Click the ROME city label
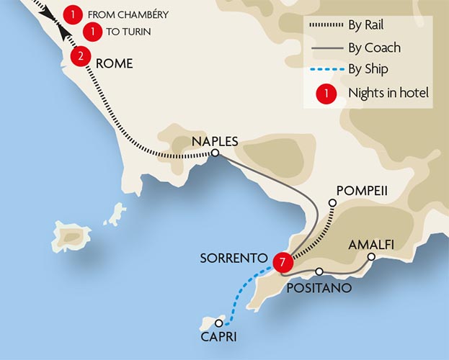tap(114, 63)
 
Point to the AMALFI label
tap(372, 244)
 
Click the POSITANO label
tap(319, 288)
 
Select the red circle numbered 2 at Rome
tap(81, 56)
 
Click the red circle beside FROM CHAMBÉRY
tap(73, 14)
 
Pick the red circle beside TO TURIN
tap(92, 32)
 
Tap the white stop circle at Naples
tap(215, 153)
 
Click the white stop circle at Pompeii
tap(332, 204)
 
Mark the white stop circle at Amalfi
tap(371, 256)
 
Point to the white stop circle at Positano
tap(319, 272)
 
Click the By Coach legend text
tap(374, 48)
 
